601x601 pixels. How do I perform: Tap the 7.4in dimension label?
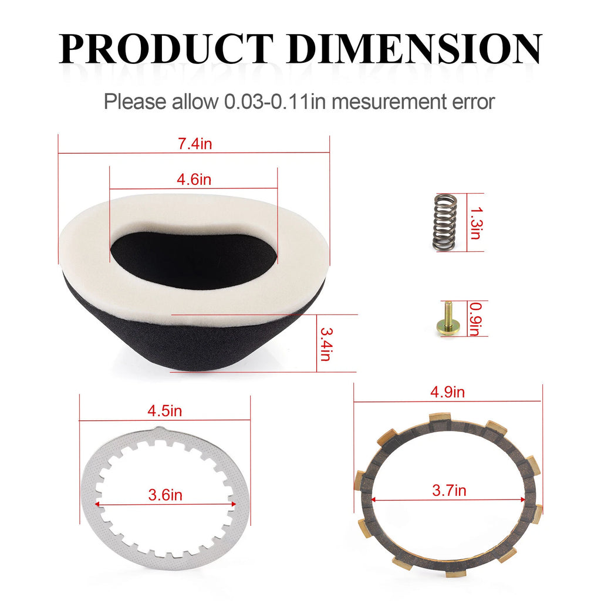click(195, 144)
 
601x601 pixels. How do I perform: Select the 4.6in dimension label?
click(194, 180)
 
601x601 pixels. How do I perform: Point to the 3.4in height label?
click(326, 344)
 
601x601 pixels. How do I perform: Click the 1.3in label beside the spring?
click(476, 223)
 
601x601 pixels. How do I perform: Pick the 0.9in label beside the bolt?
click(475, 319)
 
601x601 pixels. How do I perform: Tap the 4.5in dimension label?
click(165, 411)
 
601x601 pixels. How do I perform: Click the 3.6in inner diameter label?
click(165, 495)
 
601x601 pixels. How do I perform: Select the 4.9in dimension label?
click(447, 392)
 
